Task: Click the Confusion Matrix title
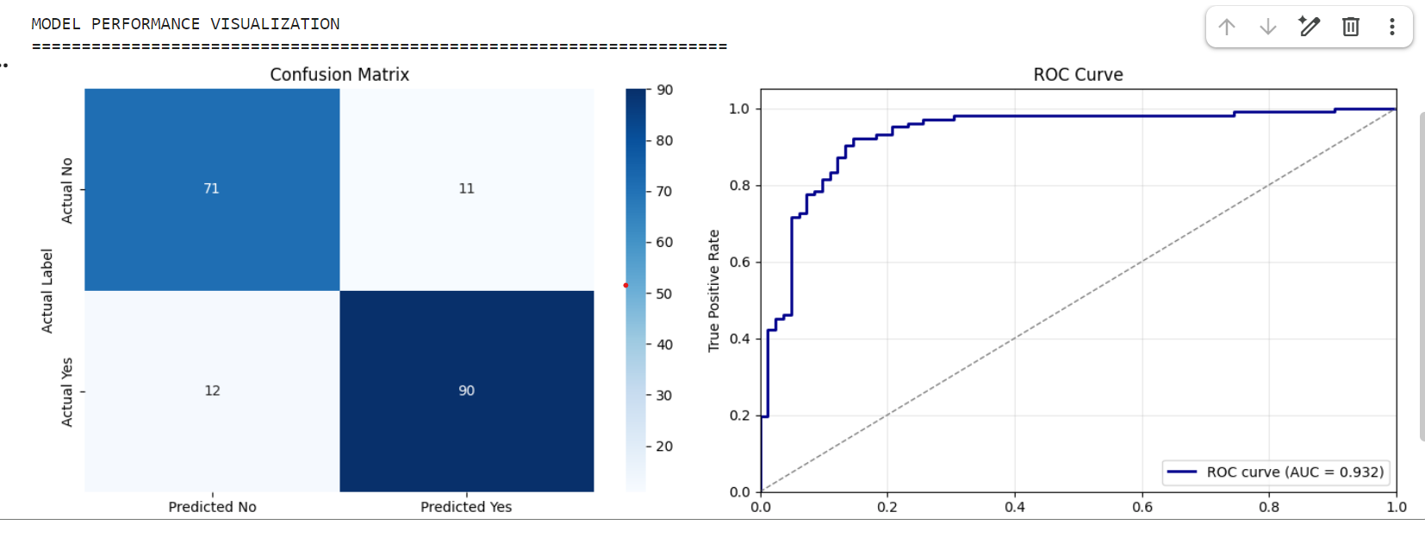(x=339, y=75)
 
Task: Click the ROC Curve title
(x=1078, y=75)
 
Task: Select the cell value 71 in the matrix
(x=211, y=188)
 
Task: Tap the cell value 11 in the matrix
(x=466, y=188)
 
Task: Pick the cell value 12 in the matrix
(x=212, y=391)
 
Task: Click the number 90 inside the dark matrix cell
(x=466, y=391)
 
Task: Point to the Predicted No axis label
(x=212, y=507)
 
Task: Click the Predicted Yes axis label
(x=466, y=507)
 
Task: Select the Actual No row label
(x=67, y=190)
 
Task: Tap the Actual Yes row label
(x=67, y=392)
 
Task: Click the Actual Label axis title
(x=47, y=291)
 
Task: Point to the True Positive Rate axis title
(x=713, y=291)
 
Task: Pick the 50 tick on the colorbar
(x=664, y=293)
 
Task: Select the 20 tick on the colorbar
(x=664, y=447)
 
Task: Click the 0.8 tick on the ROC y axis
(x=739, y=186)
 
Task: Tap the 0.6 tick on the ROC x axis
(x=1142, y=508)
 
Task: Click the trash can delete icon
(x=1351, y=27)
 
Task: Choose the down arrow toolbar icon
(x=1268, y=27)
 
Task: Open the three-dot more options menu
(x=1392, y=27)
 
